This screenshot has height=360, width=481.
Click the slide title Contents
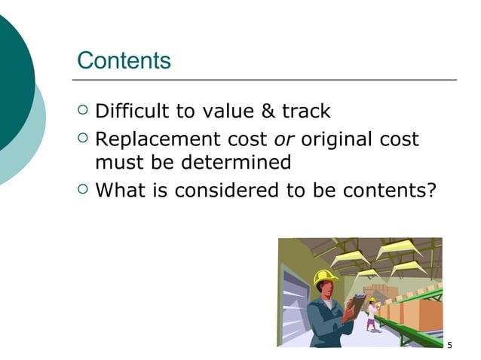124,60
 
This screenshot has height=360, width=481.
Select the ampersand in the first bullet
268,112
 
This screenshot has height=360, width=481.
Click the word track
306,112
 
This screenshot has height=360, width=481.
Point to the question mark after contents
431,191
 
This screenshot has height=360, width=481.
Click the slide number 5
449,346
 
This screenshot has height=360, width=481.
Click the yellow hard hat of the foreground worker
324,276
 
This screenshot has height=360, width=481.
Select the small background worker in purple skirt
371,315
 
